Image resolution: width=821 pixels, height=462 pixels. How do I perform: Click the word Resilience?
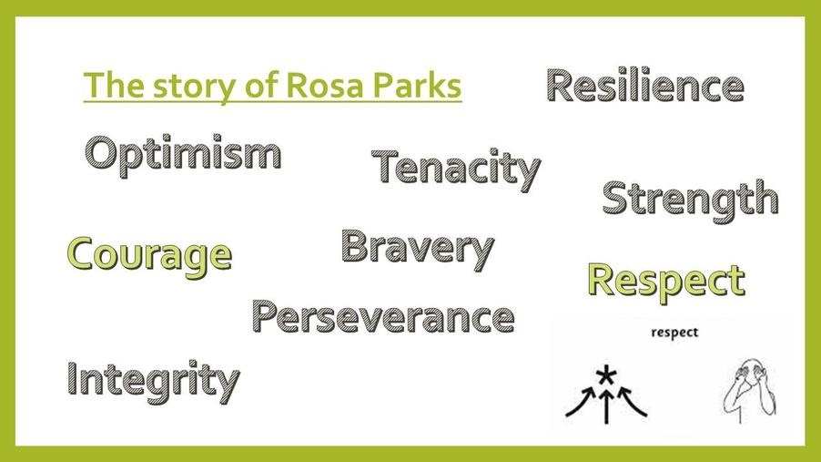(645, 86)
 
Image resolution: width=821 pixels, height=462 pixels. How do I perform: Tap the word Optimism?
(183, 155)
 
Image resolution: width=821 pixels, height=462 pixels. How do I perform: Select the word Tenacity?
(455, 169)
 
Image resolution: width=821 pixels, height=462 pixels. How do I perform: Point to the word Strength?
(690, 200)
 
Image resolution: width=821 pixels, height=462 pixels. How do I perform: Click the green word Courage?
(150, 256)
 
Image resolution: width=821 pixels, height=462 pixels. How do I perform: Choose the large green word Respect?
(666, 282)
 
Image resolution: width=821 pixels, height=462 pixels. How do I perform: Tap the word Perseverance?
(383, 317)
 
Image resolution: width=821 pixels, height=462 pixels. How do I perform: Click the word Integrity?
(153, 381)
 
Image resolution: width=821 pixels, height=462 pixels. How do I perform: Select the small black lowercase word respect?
(674, 333)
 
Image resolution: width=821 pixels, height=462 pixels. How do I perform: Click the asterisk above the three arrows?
(606, 374)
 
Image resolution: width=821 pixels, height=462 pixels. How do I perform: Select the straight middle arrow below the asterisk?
(606, 405)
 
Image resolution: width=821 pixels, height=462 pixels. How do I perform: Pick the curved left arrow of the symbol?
(582, 401)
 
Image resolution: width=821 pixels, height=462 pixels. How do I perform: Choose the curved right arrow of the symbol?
(633, 401)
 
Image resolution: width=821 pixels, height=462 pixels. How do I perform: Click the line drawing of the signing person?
(749, 390)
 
